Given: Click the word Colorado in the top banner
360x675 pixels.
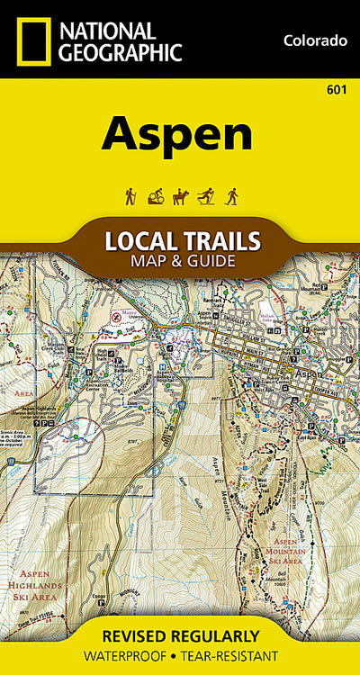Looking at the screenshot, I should [314, 40].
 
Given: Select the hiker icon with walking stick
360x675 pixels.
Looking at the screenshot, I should [130, 196].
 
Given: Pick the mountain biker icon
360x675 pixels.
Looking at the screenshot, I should [154, 196].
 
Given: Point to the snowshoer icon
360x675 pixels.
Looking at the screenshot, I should [230, 196].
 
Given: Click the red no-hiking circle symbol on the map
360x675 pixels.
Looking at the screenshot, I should [116, 316].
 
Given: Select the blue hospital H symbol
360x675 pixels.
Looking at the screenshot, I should [161, 353].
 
